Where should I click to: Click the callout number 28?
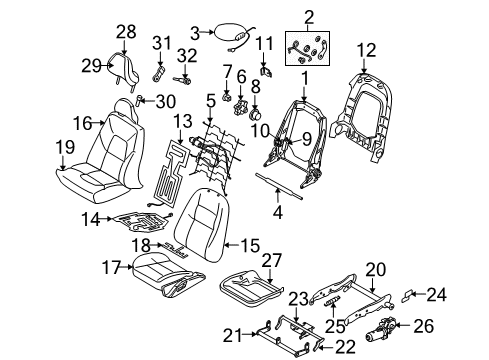(x=126, y=31)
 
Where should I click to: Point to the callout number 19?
(x=65, y=149)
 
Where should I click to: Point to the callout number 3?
(x=197, y=31)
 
